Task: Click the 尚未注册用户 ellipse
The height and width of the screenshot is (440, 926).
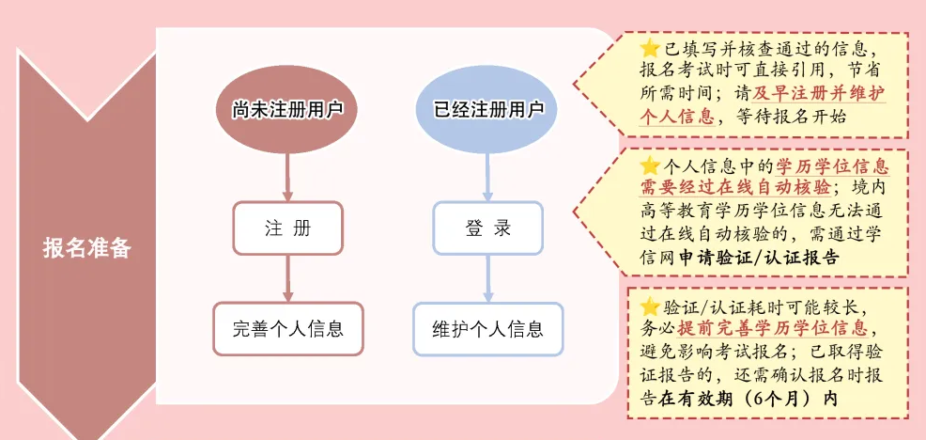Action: tap(287, 109)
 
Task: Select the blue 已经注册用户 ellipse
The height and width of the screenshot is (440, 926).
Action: tap(488, 109)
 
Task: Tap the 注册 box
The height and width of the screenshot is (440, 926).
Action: tap(287, 228)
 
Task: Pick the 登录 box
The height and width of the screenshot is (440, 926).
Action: tap(488, 228)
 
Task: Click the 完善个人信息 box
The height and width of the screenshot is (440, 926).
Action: tap(287, 329)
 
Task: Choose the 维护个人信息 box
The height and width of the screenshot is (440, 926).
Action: tap(488, 329)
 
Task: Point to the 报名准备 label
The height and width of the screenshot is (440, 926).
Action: tap(86, 248)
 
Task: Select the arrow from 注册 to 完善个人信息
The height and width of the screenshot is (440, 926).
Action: tap(287, 278)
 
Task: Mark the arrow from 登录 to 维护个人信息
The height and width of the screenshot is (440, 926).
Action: tap(488, 278)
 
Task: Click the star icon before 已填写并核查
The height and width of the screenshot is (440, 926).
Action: tap(649, 48)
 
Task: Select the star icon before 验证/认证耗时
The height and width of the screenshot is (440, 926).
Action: tap(649, 306)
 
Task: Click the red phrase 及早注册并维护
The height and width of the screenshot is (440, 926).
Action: tap(808, 94)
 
